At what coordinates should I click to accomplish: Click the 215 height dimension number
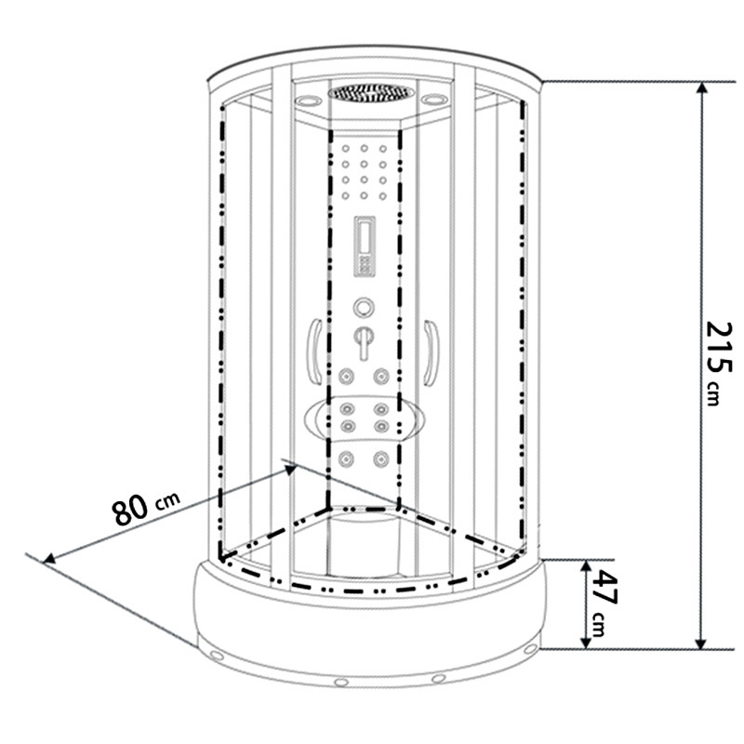click(720, 347)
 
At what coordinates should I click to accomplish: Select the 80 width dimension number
click(130, 510)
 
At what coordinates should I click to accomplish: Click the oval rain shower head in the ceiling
click(371, 92)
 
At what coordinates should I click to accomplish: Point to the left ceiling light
click(308, 100)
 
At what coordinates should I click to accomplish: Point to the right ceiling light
click(434, 100)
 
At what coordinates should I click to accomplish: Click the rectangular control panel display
click(365, 246)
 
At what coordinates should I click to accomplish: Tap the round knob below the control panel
click(364, 308)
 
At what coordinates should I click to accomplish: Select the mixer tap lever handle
click(364, 342)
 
